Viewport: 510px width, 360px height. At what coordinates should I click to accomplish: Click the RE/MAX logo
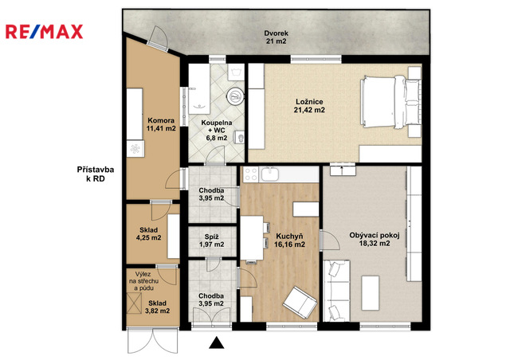(x=45, y=32)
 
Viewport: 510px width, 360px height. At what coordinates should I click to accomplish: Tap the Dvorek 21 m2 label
(x=276, y=37)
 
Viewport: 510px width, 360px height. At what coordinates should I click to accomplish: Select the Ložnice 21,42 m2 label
(x=309, y=106)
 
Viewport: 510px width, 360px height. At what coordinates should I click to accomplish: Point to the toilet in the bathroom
(x=240, y=139)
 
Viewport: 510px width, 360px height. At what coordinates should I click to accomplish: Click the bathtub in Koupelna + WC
(x=199, y=88)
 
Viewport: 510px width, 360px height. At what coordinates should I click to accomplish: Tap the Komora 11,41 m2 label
(x=161, y=124)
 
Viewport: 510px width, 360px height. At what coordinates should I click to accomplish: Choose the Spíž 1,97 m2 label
(x=211, y=241)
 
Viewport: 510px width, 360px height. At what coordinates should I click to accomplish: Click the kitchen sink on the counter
(x=270, y=174)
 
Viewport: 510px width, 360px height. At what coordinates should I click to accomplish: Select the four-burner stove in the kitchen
(x=251, y=174)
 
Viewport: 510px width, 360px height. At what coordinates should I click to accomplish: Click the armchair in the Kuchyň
(x=300, y=303)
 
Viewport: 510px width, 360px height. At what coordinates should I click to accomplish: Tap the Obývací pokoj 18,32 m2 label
(x=375, y=240)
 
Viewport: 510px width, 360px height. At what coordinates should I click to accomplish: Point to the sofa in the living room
(x=337, y=291)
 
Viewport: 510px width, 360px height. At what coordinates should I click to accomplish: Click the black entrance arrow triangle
(x=216, y=342)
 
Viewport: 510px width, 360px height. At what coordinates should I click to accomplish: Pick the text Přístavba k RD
(x=96, y=174)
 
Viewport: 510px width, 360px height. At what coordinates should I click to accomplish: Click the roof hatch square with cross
(x=134, y=303)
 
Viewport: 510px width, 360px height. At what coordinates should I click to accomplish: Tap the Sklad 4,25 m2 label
(x=149, y=234)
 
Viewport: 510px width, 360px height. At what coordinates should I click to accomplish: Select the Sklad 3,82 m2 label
(x=157, y=307)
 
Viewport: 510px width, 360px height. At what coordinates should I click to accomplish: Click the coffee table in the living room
(x=371, y=293)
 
